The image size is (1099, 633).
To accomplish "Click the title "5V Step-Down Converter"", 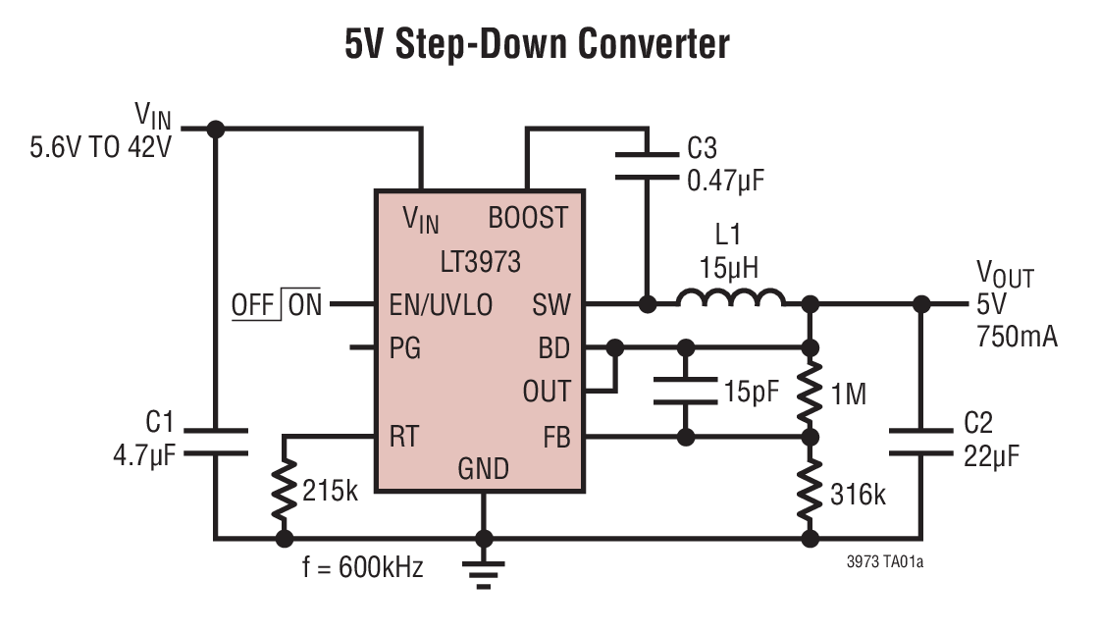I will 537,44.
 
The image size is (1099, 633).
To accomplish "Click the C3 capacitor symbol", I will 647,164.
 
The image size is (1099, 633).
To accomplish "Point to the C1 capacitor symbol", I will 216,441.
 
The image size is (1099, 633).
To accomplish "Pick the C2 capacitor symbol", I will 921,441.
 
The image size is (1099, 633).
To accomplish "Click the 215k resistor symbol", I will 285,490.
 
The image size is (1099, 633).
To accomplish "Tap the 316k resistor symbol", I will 810,490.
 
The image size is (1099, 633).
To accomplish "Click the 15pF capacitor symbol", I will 686,392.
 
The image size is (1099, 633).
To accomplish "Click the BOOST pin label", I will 528,218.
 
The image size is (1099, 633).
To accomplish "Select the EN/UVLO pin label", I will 441,304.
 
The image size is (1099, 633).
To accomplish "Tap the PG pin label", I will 405,347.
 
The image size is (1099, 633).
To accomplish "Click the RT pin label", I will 406,436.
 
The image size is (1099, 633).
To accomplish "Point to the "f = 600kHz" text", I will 364,566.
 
